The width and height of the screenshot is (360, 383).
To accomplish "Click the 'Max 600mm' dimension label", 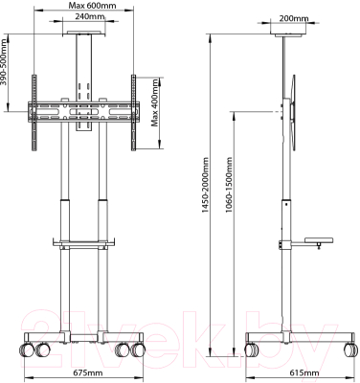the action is pyautogui.click(x=88, y=6).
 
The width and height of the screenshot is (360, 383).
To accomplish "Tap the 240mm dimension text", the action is pyautogui.click(x=90, y=16).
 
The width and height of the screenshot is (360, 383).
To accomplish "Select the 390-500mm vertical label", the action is pyautogui.click(x=4, y=62).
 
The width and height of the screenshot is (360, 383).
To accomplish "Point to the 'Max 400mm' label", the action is pyautogui.click(x=155, y=102).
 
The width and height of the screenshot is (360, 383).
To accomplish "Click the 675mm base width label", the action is pyautogui.click(x=88, y=372).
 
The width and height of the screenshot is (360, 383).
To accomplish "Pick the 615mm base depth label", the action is pyautogui.click(x=304, y=372).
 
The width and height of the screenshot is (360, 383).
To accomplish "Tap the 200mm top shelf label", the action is pyautogui.click(x=294, y=18).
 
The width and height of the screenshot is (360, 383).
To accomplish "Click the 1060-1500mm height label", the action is pyautogui.click(x=229, y=184).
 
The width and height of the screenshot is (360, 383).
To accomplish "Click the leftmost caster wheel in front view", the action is pyautogui.click(x=27, y=350).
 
